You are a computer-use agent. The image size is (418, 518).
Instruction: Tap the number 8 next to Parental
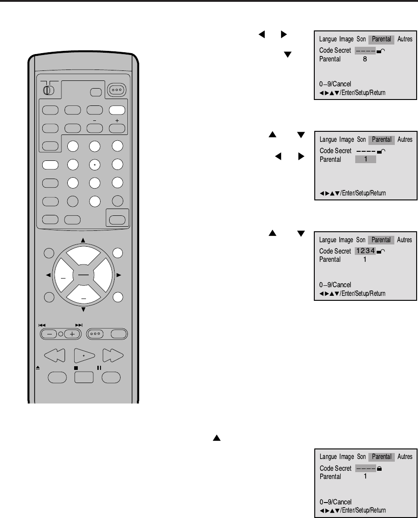click(x=365, y=59)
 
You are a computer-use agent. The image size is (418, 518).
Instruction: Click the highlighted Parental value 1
click(x=365, y=159)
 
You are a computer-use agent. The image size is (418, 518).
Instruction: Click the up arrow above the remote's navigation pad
click(x=83, y=239)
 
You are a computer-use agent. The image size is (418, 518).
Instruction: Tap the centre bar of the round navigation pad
click(x=83, y=274)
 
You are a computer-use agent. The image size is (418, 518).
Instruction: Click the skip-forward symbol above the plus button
click(x=79, y=325)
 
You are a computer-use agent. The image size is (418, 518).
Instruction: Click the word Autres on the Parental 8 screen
click(x=405, y=39)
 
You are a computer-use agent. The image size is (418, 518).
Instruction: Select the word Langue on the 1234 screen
click(x=328, y=240)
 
